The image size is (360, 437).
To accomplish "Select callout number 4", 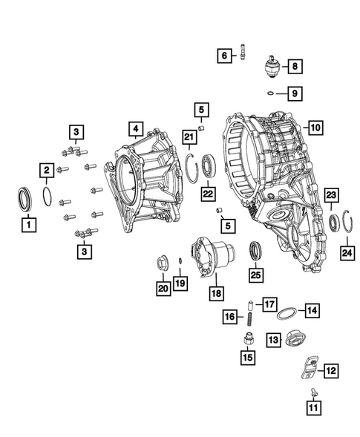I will (134, 130).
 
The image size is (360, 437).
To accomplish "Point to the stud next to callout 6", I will (243, 55).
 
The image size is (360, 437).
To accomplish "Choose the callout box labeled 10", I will (315, 128).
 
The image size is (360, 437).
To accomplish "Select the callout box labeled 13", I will (273, 339).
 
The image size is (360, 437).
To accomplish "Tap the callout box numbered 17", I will (269, 303).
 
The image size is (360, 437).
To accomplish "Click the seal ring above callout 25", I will (255, 251).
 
